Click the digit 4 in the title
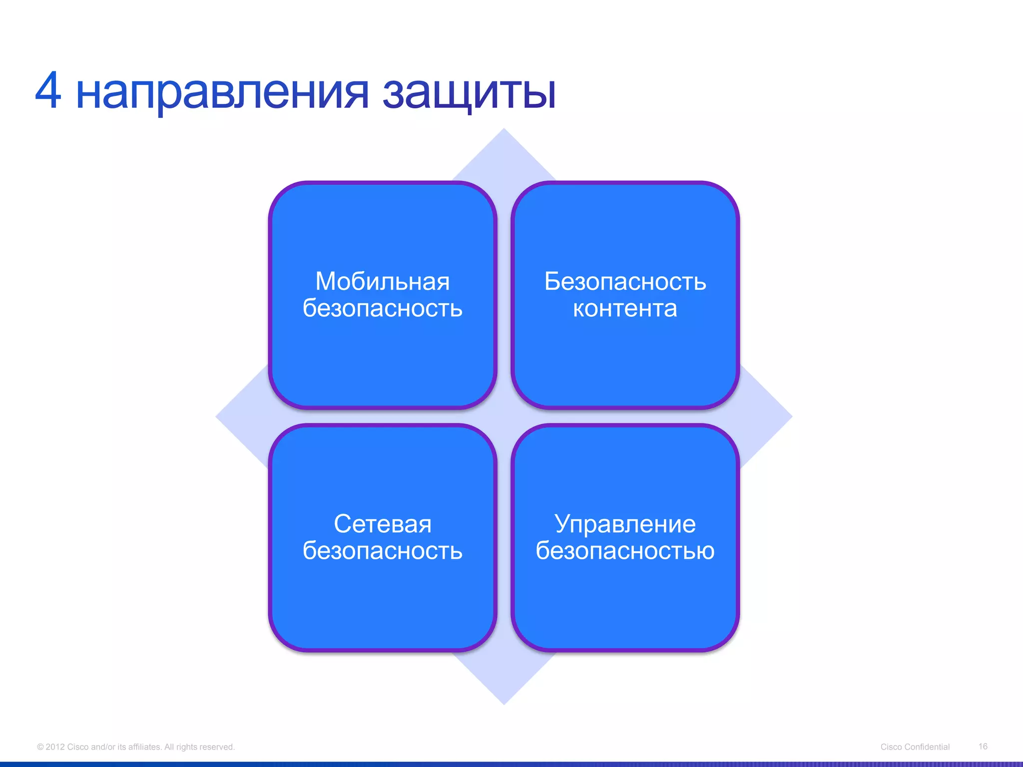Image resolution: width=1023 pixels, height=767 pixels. pyautogui.click(x=48, y=91)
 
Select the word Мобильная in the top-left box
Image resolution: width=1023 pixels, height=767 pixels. pyautogui.click(x=382, y=282)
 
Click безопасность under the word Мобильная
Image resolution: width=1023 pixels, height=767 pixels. pyautogui.click(x=382, y=309)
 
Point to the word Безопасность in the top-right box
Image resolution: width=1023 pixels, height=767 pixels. pyautogui.click(x=625, y=282)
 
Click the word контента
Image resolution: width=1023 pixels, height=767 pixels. pyautogui.click(x=625, y=309)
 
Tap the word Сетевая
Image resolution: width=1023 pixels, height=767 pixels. pyautogui.click(x=382, y=524)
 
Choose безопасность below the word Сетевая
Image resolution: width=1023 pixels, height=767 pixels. pyautogui.click(x=382, y=551)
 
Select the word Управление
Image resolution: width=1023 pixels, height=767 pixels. pyautogui.click(x=625, y=524)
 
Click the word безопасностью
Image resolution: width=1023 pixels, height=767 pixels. pyautogui.click(x=625, y=551)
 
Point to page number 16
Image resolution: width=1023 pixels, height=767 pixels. pyautogui.click(x=983, y=747)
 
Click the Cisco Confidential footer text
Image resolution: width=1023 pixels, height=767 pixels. pyautogui.click(x=915, y=747)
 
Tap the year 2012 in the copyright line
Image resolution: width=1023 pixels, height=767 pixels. pyautogui.click(x=55, y=747)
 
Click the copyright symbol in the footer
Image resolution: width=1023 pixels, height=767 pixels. pyautogui.click(x=40, y=747)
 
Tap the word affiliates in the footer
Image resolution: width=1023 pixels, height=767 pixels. pyautogui.click(x=145, y=747)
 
